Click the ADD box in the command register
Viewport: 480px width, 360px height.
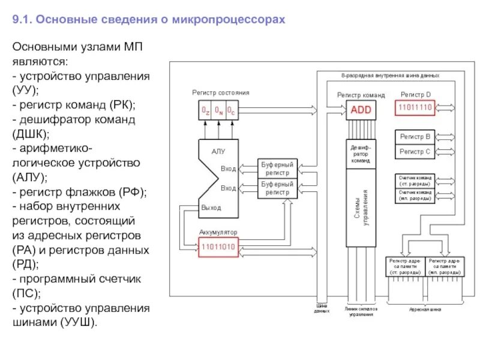tap(361, 110)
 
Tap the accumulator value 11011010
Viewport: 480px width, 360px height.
tap(219, 245)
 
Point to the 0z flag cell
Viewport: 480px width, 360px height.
tap(205, 110)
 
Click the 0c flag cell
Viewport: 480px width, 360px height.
tap(232, 110)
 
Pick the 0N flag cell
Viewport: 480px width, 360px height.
tap(218, 110)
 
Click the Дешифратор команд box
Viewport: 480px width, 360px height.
tap(361, 154)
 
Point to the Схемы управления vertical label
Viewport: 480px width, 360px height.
tap(361, 207)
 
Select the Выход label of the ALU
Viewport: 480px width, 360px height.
tap(211, 208)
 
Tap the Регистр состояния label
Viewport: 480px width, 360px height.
tap(221, 93)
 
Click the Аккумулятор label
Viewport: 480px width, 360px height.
tap(218, 232)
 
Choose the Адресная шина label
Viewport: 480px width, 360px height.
tap(424, 310)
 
